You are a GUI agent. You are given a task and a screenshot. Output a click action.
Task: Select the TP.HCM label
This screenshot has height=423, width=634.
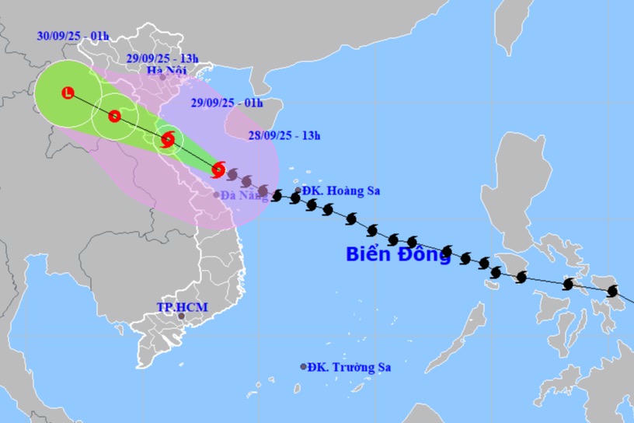182,307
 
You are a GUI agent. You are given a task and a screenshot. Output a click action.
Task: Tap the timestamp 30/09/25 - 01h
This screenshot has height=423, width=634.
72,35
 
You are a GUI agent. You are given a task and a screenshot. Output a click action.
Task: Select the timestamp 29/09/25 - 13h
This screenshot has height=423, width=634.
162,58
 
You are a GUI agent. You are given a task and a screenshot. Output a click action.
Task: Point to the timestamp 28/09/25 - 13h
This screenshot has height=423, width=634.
285,135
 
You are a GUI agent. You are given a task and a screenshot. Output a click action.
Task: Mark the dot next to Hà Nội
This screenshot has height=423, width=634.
162,77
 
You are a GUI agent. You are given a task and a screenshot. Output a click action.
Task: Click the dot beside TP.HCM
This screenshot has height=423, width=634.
181,316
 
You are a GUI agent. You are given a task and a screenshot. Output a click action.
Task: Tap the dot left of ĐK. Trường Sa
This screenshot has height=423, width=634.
303,367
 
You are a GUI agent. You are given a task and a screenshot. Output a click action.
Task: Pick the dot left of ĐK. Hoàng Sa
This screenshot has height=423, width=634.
298,190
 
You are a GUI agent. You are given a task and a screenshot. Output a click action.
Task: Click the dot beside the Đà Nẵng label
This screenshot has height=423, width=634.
217,194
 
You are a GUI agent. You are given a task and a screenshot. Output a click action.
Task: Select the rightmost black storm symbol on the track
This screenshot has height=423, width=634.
612,291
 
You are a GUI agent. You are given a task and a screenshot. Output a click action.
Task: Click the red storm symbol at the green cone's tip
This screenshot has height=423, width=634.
218,169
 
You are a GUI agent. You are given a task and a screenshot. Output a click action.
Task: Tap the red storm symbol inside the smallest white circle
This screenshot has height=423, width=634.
168,141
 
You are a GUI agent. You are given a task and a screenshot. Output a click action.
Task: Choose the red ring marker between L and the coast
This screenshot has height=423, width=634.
114,117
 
